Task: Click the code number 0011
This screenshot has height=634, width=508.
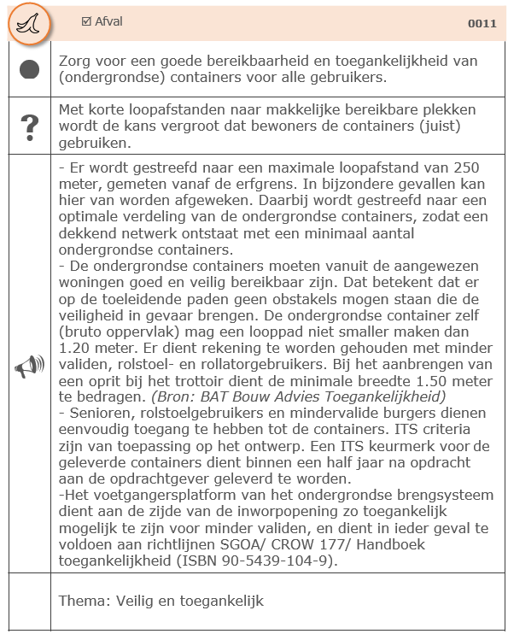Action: click(482, 24)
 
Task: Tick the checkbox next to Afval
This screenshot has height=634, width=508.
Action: click(85, 21)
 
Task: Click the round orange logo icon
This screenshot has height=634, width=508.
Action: click(28, 24)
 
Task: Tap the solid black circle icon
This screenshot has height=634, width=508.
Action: click(29, 70)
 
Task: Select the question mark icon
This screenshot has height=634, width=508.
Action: click(29, 126)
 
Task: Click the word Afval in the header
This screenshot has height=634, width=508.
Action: click(108, 21)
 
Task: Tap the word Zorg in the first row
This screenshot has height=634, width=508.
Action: click(75, 62)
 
